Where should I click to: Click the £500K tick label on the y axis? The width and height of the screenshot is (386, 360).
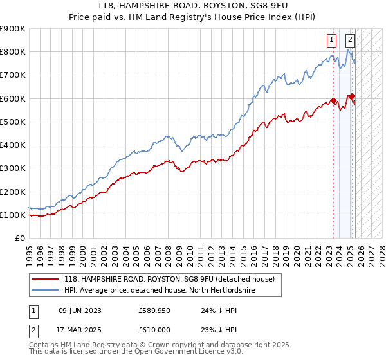tap(13, 122)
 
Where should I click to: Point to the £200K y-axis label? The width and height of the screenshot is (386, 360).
tap(13, 192)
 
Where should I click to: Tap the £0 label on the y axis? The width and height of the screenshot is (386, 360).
tap(19, 239)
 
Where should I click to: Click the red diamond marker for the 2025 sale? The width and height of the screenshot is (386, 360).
tap(352, 96)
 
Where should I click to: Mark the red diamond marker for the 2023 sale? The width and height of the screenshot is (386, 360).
tap(333, 101)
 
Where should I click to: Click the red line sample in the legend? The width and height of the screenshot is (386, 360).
tap(46, 279)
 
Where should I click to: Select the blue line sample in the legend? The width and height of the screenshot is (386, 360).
tap(46, 291)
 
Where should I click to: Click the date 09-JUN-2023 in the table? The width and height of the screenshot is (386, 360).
tap(80, 310)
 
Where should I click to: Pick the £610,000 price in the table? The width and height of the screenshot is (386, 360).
tap(154, 329)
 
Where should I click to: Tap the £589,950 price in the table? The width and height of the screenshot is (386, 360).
tap(154, 310)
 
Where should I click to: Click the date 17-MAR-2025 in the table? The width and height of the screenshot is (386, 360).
tap(80, 329)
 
